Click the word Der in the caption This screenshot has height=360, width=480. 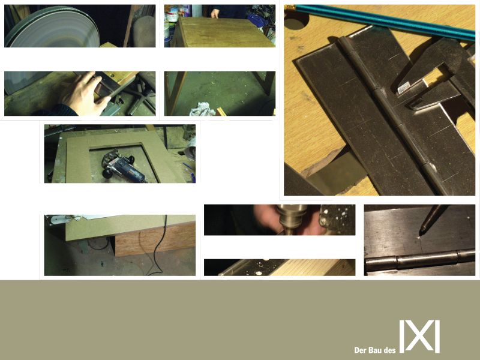click(360, 350)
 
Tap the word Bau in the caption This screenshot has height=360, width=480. click(374, 350)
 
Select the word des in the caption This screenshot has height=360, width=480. click(389, 350)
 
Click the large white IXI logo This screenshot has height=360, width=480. click(419, 336)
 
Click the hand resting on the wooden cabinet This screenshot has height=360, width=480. click(215, 13)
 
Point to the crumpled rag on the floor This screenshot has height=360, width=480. click(202, 109)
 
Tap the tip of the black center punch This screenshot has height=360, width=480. click(422, 233)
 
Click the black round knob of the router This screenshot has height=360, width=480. click(108, 173)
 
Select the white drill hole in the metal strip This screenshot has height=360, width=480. click(259, 273)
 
